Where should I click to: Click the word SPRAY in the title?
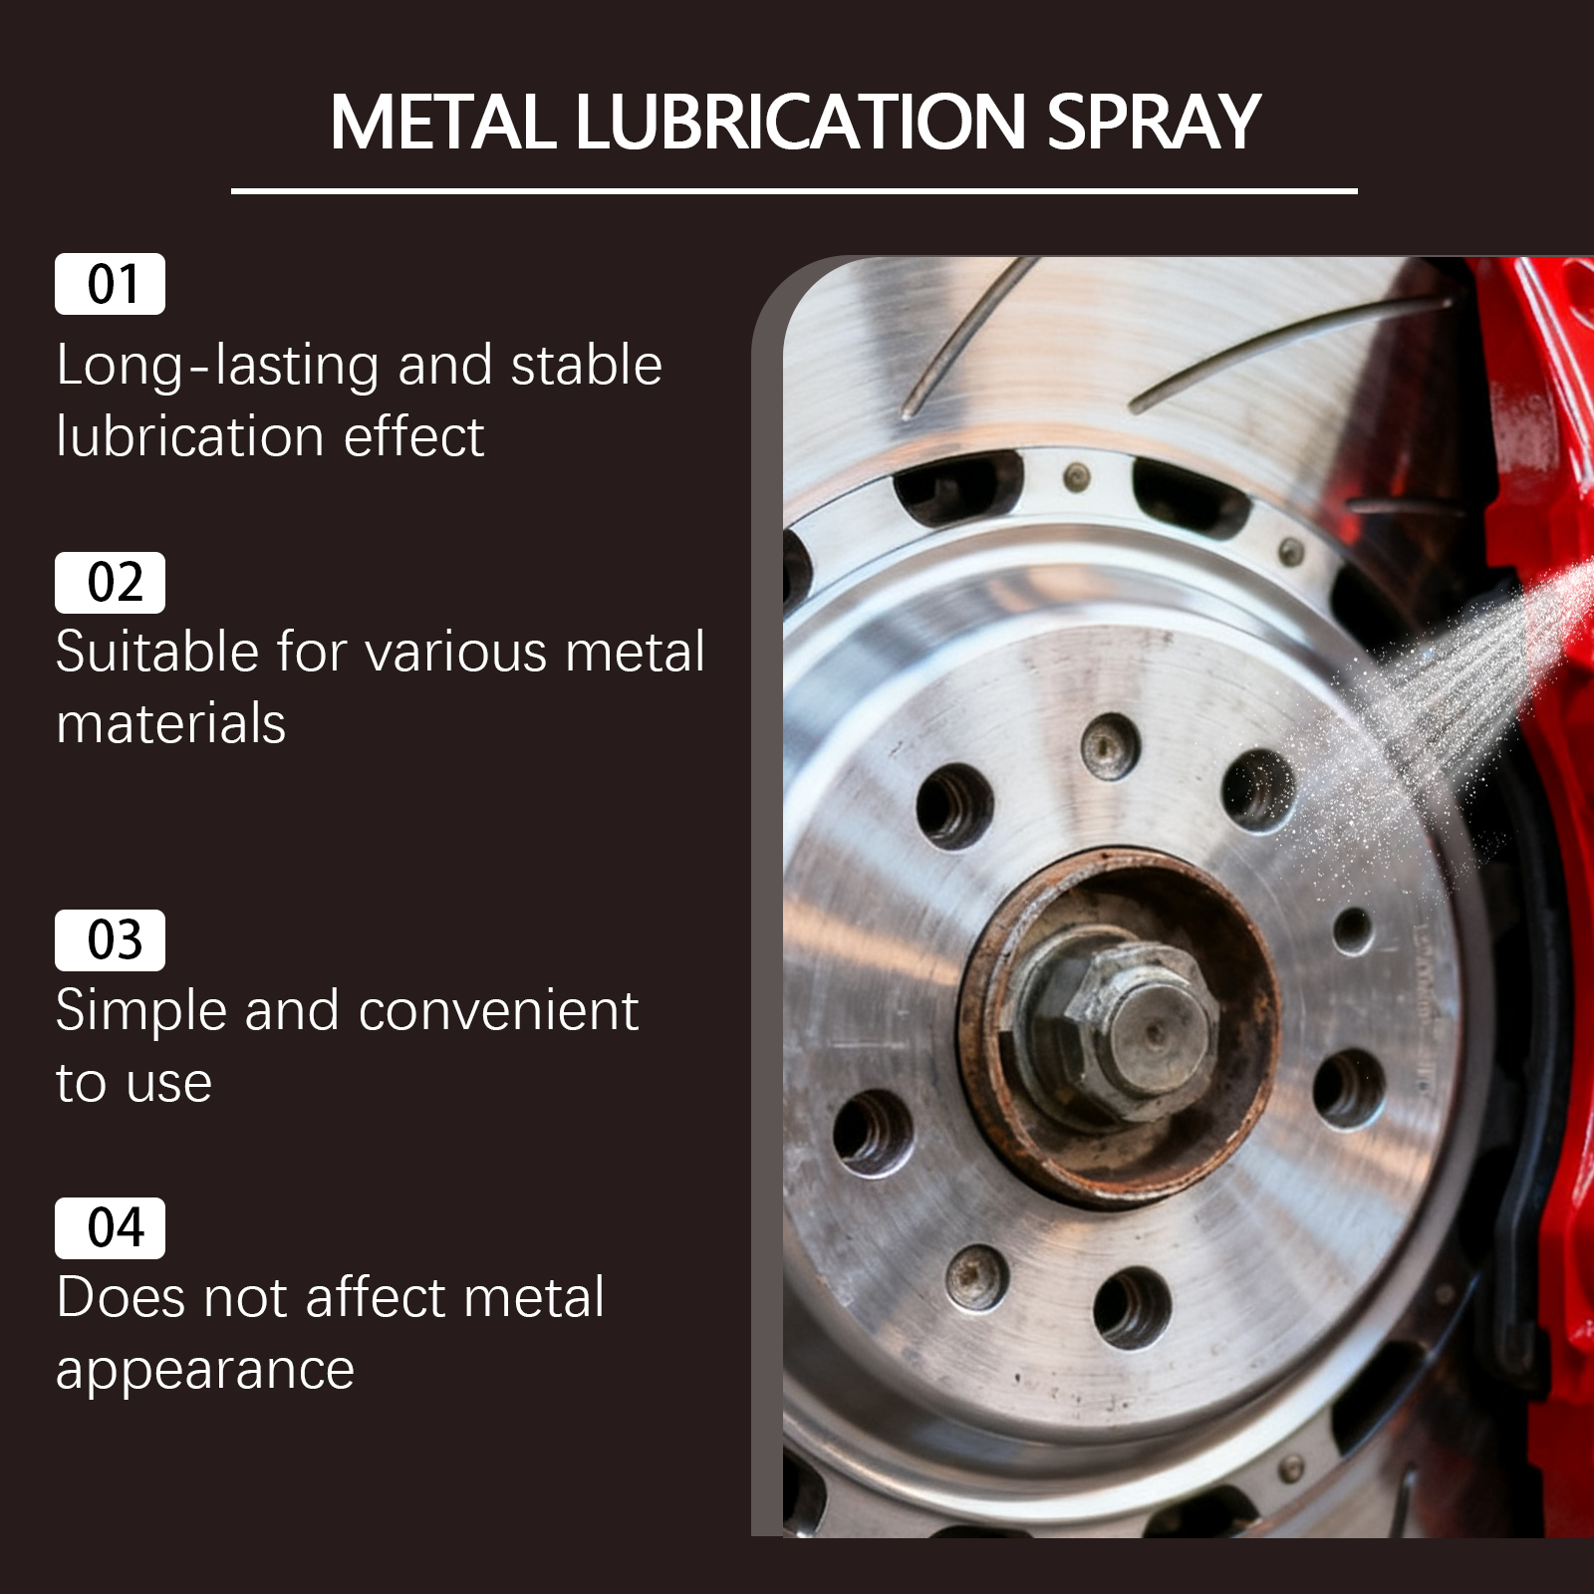(x=1154, y=123)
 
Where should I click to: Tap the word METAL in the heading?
(x=442, y=123)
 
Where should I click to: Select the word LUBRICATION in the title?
(x=801, y=123)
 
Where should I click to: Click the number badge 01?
(x=110, y=284)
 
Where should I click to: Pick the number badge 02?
(x=110, y=582)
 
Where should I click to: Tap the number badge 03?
(x=110, y=939)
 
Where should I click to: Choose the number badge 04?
(x=110, y=1227)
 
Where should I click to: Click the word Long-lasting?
(x=218, y=367)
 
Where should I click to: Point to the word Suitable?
(x=159, y=653)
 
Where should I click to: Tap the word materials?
(x=171, y=723)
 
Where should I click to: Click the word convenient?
(x=498, y=1012)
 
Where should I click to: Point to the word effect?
(x=413, y=436)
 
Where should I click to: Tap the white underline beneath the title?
(x=794, y=190)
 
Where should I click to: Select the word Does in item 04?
(x=121, y=1298)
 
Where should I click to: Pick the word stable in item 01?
(x=586, y=365)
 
